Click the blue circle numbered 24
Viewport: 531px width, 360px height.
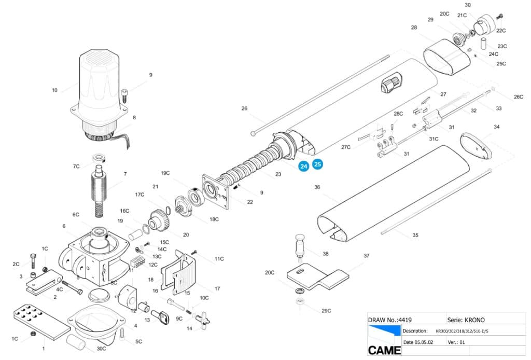[303, 167]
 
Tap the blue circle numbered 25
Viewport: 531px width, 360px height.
[317, 164]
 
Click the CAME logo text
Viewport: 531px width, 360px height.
[384, 350]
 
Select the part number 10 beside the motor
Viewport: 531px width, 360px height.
[55, 90]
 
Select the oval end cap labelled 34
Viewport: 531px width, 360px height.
[476, 145]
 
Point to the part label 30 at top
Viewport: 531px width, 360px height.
[468, 5]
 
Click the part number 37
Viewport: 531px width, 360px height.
[367, 256]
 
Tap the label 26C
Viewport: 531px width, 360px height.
[519, 97]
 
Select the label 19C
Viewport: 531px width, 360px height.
[165, 173]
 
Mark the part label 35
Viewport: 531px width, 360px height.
[415, 236]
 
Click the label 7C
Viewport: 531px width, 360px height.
[76, 167]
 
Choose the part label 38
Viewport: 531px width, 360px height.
[326, 254]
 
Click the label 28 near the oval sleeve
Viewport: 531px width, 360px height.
[414, 27]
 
